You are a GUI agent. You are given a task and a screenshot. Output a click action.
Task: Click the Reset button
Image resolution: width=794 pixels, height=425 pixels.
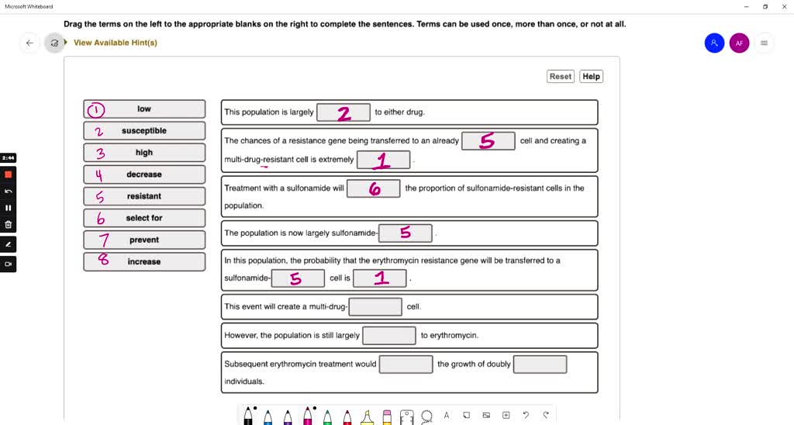[x=560, y=76]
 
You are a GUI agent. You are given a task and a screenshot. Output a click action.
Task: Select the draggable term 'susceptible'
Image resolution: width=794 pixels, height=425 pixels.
[x=144, y=131]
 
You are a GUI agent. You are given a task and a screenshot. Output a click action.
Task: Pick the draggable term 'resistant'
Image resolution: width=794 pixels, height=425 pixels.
[x=144, y=196]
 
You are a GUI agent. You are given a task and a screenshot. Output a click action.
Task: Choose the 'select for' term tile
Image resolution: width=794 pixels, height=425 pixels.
[x=144, y=218]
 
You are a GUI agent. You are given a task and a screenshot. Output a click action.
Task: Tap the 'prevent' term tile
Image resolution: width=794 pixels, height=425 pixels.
[x=144, y=240]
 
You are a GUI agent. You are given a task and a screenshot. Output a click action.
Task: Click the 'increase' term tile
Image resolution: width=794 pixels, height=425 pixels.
[x=144, y=261]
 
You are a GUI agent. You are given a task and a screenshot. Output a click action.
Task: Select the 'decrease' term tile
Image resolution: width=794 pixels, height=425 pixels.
[x=144, y=174]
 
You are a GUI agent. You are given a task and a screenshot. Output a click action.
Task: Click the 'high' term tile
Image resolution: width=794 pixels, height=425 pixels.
[x=144, y=153]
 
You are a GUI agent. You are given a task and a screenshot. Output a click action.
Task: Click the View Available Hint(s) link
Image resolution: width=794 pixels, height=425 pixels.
[x=115, y=43]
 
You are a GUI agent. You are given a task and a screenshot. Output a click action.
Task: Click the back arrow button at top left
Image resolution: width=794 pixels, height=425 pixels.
[x=29, y=43]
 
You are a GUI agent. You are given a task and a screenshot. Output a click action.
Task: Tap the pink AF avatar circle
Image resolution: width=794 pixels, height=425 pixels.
[x=739, y=43]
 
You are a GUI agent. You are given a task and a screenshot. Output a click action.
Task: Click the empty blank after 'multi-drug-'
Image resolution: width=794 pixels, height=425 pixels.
[x=376, y=306]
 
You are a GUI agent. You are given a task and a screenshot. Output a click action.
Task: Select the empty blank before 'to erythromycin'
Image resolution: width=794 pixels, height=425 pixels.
[x=389, y=335]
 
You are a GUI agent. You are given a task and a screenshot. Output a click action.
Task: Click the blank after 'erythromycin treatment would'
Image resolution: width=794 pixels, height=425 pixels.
[x=406, y=364]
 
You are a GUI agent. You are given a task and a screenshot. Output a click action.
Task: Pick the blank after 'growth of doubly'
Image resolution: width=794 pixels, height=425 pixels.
[x=540, y=364]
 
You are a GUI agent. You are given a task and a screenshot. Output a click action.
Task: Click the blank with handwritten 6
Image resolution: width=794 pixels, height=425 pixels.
[x=374, y=188]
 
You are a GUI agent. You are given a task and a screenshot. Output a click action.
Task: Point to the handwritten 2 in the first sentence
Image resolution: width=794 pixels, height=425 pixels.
[x=343, y=113]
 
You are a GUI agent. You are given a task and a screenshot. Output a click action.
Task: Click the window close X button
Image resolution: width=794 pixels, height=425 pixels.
[x=783, y=6]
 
